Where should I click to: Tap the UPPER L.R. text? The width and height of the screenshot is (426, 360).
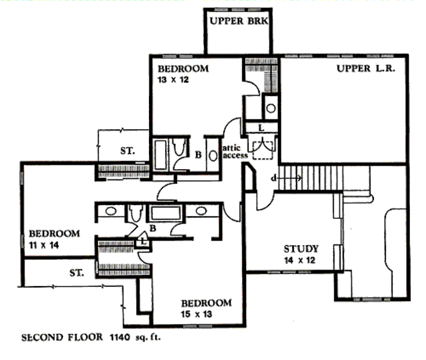(x=366, y=69)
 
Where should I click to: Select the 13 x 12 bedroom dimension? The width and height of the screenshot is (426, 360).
(x=173, y=80)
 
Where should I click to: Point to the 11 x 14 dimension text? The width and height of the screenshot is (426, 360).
(x=44, y=245)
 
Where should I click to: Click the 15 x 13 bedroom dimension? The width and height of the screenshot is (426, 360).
(x=196, y=314)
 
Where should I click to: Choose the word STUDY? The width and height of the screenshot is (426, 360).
(x=301, y=249)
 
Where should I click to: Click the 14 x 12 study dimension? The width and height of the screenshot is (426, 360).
(x=300, y=260)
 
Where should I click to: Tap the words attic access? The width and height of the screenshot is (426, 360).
(x=235, y=151)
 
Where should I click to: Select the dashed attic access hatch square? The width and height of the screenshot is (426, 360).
(x=263, y=150)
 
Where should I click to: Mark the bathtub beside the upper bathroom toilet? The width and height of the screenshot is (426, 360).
(x=160, y=155)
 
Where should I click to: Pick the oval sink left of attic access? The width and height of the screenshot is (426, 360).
(x=213, y=156)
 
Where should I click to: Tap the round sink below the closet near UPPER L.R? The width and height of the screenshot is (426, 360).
(x=271, y=108)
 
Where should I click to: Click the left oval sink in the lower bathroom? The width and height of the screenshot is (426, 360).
(x=111, y=211)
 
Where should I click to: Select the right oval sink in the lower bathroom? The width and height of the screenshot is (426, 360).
(x=201, y=211)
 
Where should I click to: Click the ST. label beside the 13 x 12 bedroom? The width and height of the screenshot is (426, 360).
(x=128, y=150)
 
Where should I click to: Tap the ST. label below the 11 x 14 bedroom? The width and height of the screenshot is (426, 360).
(x=77, y=273)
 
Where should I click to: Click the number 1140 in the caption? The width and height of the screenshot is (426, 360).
(x=120, y=338)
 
